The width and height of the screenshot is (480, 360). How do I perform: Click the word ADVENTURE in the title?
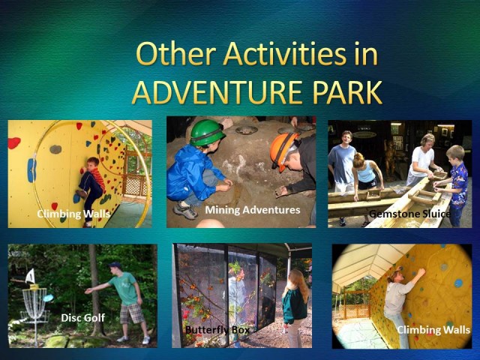click(x=217, y=91)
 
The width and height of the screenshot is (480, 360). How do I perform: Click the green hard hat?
click(x=207, y=132)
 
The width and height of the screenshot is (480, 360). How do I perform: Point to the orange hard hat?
click(x=283, y=150)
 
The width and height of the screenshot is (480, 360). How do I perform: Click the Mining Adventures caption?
click(x=253, y=210)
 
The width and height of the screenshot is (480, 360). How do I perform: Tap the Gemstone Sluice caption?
click(x=410, y=214)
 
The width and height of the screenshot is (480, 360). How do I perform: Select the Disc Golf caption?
click(x=83, y=318)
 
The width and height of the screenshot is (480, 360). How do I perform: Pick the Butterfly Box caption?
click(x=217, y=330)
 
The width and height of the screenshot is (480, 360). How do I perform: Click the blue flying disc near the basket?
click(x=48, y=298)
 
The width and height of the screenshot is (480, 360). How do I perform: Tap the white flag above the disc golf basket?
click(x=30, y=276)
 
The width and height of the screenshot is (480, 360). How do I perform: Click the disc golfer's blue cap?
click(x=115, y=265)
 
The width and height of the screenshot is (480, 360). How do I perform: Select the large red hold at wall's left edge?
click(x=13, y=143)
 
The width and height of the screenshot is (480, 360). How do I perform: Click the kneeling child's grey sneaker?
click(x=185, y=211)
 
